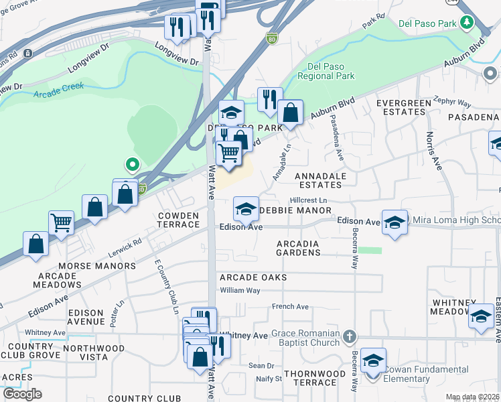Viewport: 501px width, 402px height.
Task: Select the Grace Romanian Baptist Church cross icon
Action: pyautogui.click(x=349, y=335)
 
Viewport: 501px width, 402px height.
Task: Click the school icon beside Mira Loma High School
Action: pyautogui.click(x=395, y=222)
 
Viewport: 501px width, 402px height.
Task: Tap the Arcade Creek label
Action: pyautogui.click(x=58, y=90)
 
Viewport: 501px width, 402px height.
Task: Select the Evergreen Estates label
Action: pyautogui.click(x=401, y=108)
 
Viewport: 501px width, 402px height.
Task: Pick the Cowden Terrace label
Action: pyautogui.click(x=178, y=220)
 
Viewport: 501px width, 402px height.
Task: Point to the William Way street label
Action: pyautogui.click(x=240, y=290)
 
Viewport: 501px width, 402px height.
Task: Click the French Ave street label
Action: pyautogui.click(x=290, y=307)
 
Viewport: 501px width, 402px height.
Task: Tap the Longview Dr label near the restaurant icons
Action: pyautogui.click(x=177, y=54)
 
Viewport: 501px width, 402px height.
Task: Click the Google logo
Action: pyautogui.click(x=22, y=393)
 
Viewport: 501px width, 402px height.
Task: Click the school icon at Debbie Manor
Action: pyautogui.click(x=246, y=209)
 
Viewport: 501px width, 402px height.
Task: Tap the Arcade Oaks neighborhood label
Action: pyautogui.click(x=253, y=277)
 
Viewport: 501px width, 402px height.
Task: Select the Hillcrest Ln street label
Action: pyautogui.click(x=308, y=200)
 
